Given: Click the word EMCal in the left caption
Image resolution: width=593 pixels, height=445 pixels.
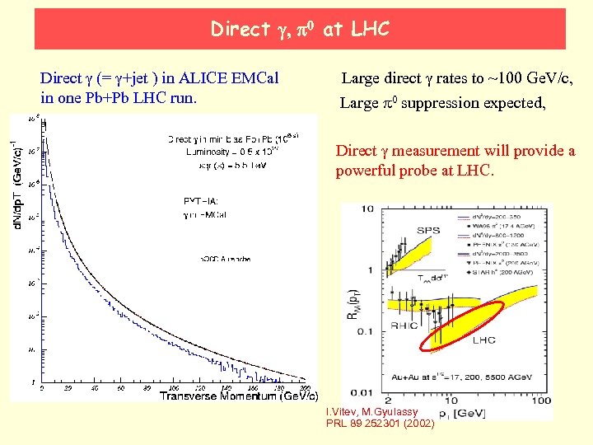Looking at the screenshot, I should point(250,78).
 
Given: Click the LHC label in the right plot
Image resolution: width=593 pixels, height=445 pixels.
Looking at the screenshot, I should point(484,339).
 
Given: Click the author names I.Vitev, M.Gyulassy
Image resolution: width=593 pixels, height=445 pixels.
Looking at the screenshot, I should point(371,412).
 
